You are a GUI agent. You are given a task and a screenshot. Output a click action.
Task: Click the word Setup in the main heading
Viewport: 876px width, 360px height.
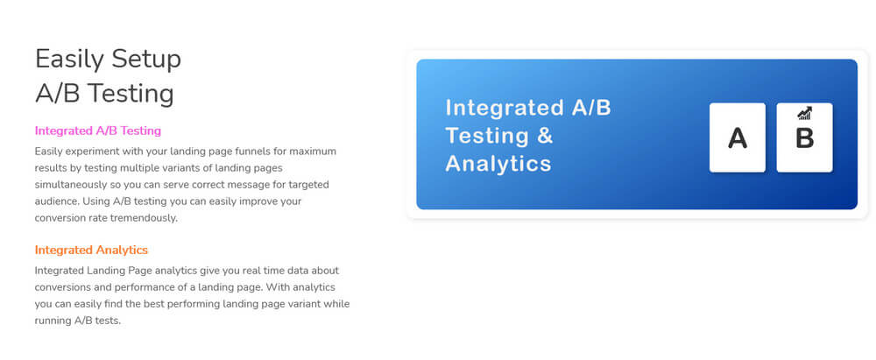pos(145,60)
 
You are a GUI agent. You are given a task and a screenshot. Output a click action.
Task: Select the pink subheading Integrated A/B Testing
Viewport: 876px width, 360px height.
pos(98,131)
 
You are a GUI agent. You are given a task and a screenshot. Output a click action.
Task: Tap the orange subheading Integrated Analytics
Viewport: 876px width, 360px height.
pos(91,250)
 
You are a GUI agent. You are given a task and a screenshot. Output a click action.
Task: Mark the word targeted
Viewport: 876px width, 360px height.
pos(309,185)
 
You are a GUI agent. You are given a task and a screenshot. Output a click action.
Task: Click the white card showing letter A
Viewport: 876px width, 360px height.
pos(738,138)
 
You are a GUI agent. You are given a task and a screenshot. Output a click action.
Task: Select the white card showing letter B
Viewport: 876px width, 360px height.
pos(804,138)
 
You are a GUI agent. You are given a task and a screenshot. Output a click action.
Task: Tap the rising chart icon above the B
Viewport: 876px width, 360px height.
pos(804,114)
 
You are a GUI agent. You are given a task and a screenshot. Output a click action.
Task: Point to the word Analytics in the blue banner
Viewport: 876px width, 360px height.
pos(498,164)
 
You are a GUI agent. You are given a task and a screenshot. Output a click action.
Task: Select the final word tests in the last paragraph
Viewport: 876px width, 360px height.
pos(109,321)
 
